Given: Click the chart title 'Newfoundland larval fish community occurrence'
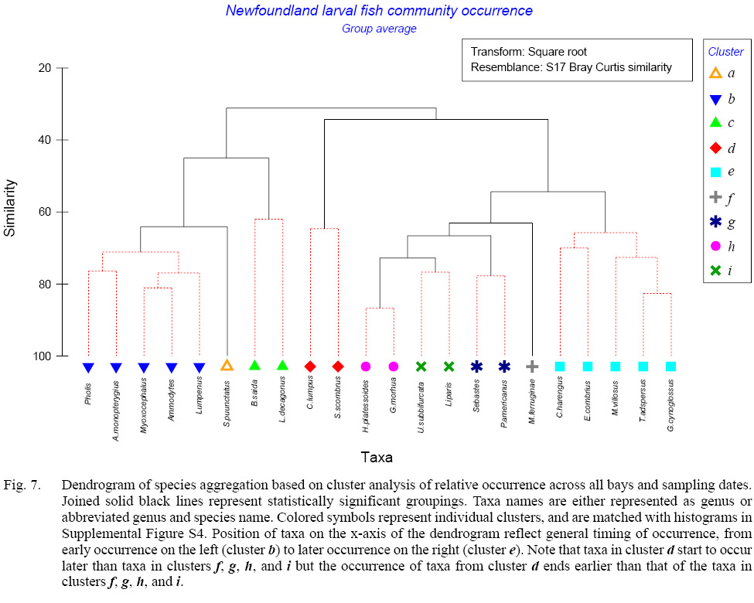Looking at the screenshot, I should (379, 11).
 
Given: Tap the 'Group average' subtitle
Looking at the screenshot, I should (379, 29).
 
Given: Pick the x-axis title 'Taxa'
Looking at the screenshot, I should (376, 457).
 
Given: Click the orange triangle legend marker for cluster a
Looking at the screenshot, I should (715, 73).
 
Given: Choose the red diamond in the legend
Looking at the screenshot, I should (715, 148).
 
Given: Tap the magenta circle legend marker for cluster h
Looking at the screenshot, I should (715, 246).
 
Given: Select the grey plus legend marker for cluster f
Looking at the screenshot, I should (715, 197).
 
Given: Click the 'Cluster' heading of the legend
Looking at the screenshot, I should (725, 52).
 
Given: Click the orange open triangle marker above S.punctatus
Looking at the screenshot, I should (227, 366).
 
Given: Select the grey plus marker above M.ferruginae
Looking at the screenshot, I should (532, 366).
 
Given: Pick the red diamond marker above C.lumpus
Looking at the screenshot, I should (310, 366).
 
